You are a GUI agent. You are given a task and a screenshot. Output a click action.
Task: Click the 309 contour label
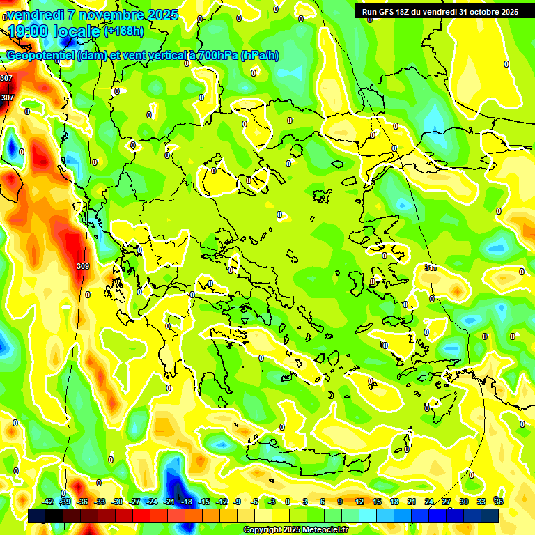coord(83,266)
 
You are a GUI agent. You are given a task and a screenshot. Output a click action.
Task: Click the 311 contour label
coord(430,267)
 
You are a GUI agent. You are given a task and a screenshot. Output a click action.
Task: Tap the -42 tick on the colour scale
coord(48,502)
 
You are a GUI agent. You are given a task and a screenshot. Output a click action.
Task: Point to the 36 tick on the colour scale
coord(499,502)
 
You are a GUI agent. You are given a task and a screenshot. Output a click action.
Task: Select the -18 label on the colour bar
coord(187,502)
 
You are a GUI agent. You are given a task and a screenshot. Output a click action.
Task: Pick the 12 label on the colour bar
coord(359,502)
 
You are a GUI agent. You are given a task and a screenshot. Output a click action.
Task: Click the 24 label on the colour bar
coord(429,502)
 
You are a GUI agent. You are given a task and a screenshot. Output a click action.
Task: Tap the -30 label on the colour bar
coord(117,502)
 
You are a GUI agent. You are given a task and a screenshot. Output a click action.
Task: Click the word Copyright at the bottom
coord(263,530)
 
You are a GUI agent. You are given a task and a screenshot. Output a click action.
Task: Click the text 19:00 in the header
coord(28,31)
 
